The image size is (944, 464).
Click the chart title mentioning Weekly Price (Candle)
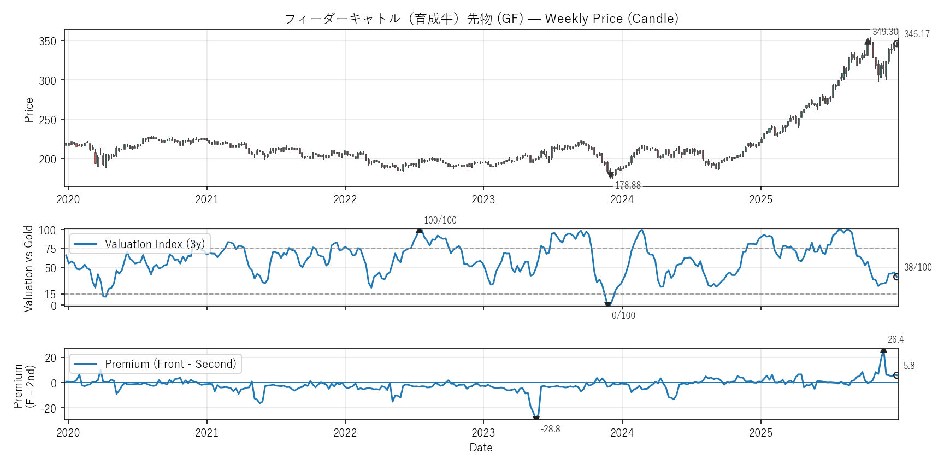tap(481, 19)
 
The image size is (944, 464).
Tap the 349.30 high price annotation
tap(885, 32)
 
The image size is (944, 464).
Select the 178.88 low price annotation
tap(628, 186)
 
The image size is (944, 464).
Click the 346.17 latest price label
tap(917, 34)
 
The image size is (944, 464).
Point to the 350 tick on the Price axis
tap(48, 42)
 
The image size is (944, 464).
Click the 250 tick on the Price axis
tap(48, 120)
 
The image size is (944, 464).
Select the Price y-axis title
tap(29, 110)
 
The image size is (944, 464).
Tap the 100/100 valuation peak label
tap(440, 220)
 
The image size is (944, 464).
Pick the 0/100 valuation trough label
tap(623, 315)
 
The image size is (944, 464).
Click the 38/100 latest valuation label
tap(918, 267)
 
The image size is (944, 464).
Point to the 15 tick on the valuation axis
tap(50, 295)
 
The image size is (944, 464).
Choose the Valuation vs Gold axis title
tap(29, 268)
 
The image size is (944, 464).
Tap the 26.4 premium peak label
tap(895, 340)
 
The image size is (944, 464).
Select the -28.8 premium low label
tap(550, 429)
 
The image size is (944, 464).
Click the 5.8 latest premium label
tap(909, 366)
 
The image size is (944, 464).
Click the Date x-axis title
tap(481, 448)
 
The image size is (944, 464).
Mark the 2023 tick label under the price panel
tap(483, 199)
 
